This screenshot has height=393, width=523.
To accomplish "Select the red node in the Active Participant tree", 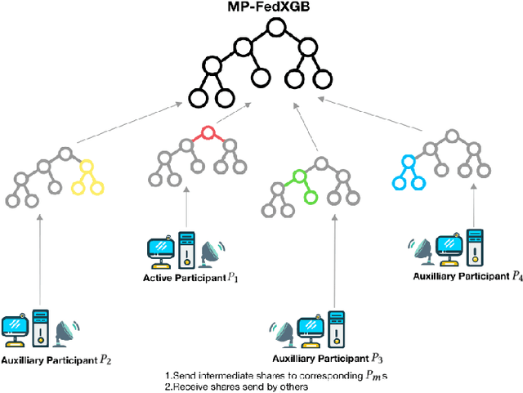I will [x=208, y=132].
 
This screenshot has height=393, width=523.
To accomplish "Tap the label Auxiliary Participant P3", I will [x=320, y=357].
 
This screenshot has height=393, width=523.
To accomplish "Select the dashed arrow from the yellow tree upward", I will [x=131, y=126].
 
